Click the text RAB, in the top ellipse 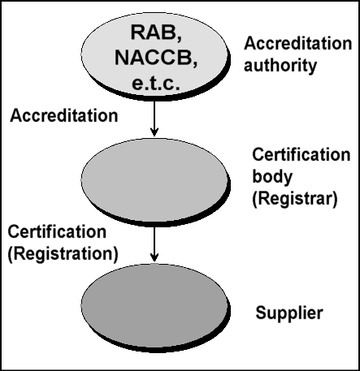click(x=156, y=33)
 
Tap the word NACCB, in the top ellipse click(x=156, y=58)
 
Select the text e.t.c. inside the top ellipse click(x=156, y=83)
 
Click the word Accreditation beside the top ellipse click(x=298, y=43)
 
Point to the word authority click(x=280, y=65)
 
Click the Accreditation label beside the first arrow click(x=64, y=115)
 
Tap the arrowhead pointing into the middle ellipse click(x=154, y=132)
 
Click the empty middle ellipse click(x=154, y=179)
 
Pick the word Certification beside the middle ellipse click(x=301, y=154)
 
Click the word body click(x=272, y=177)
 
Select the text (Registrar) click(x=295, y=199)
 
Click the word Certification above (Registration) click(x=57, y=232)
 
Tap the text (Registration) click(x=63, y=254)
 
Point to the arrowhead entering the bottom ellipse click(x=154, y=257)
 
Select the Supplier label click(x=289, y=313)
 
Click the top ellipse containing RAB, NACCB click(x=154, y=54)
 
